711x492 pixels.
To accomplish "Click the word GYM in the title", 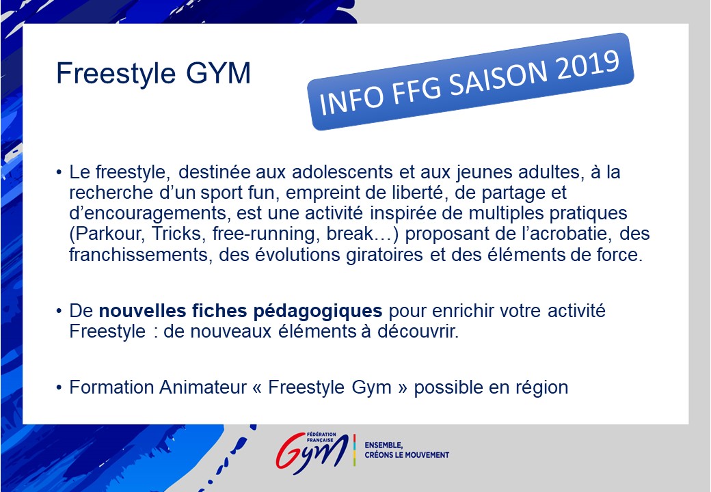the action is tap(218, 73).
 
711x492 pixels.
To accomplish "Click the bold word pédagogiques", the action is tap(317, 312).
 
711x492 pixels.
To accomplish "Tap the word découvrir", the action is tap(418, 331).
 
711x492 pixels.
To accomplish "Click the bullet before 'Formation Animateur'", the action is tap(59, 388).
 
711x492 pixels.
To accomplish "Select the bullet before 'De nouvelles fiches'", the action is tap(59, 311).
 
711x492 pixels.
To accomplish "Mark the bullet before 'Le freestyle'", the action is tap(59, 173).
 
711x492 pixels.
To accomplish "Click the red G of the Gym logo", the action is tap(290, 450).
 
